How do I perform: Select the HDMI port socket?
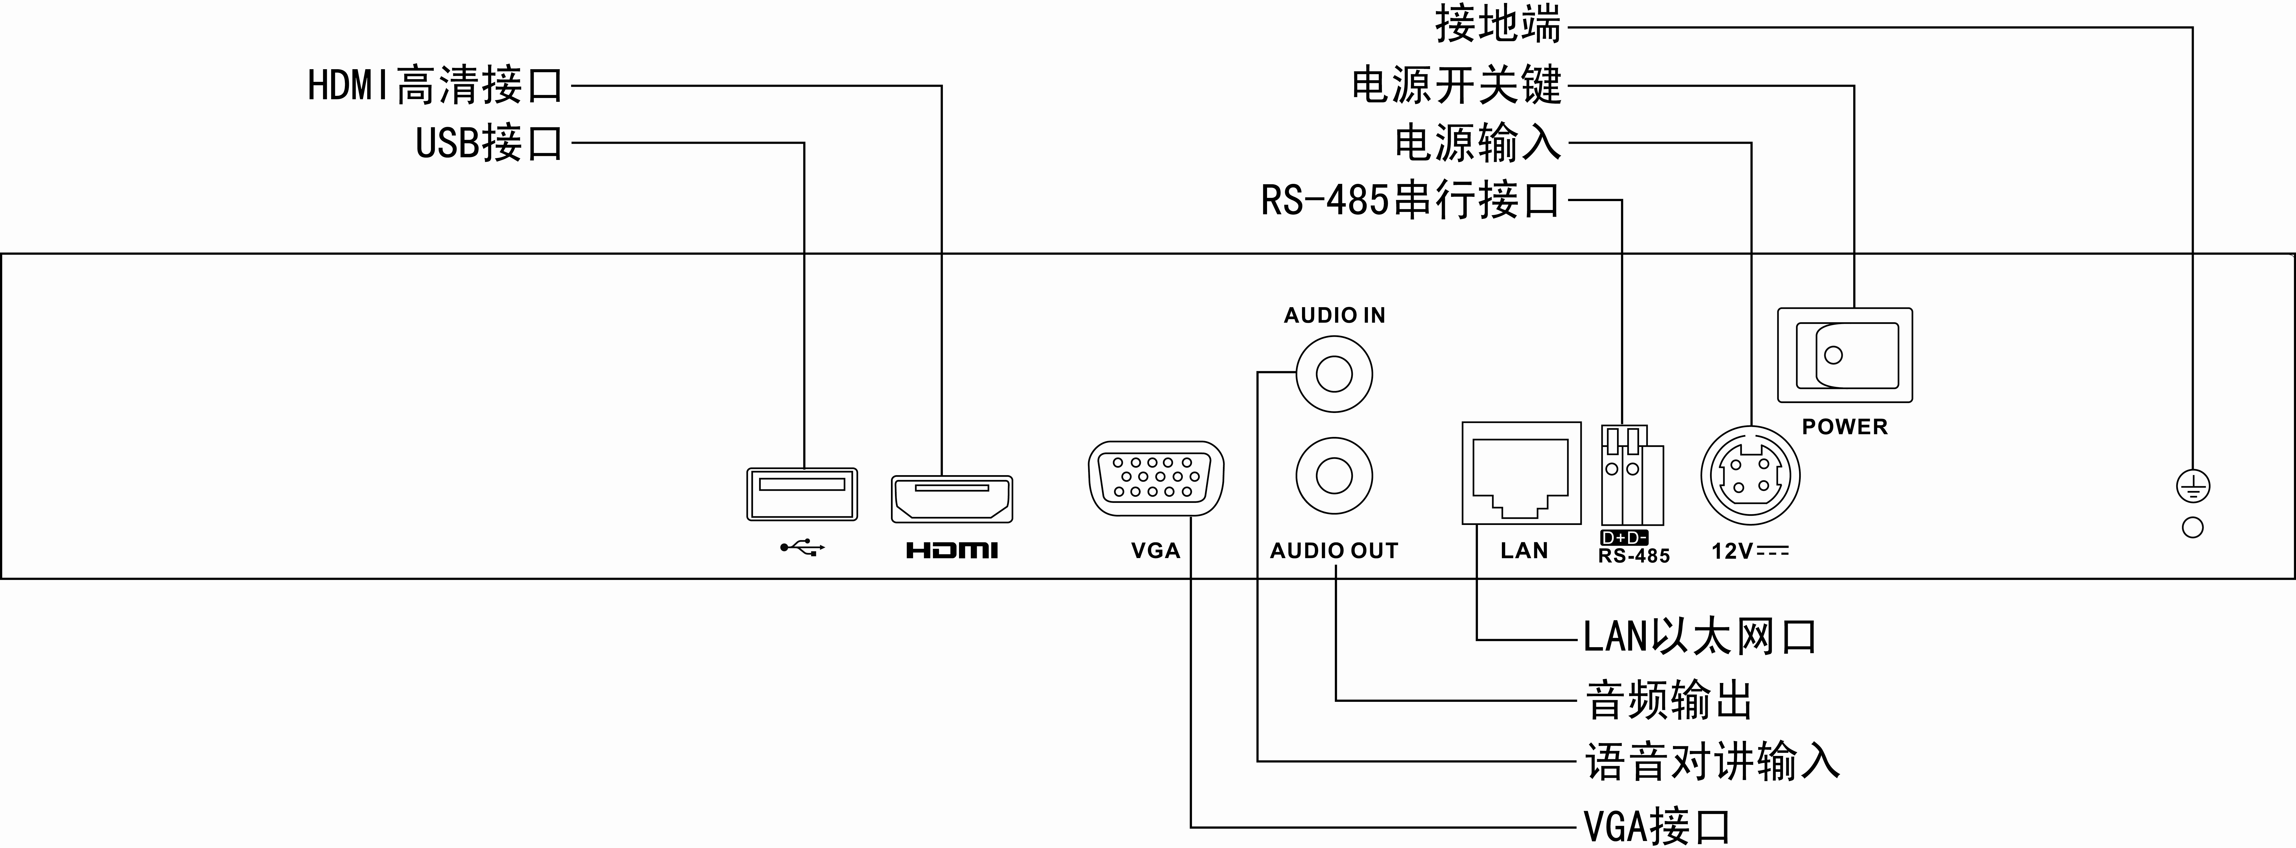952,499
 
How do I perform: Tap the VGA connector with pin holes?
1156,479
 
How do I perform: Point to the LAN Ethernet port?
1522,474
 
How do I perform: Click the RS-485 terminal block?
1633,475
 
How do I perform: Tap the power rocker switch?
1845,355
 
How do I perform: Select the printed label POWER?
1845,427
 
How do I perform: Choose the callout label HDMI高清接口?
435,86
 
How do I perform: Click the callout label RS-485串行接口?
1410,200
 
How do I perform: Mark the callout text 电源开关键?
1456,86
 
